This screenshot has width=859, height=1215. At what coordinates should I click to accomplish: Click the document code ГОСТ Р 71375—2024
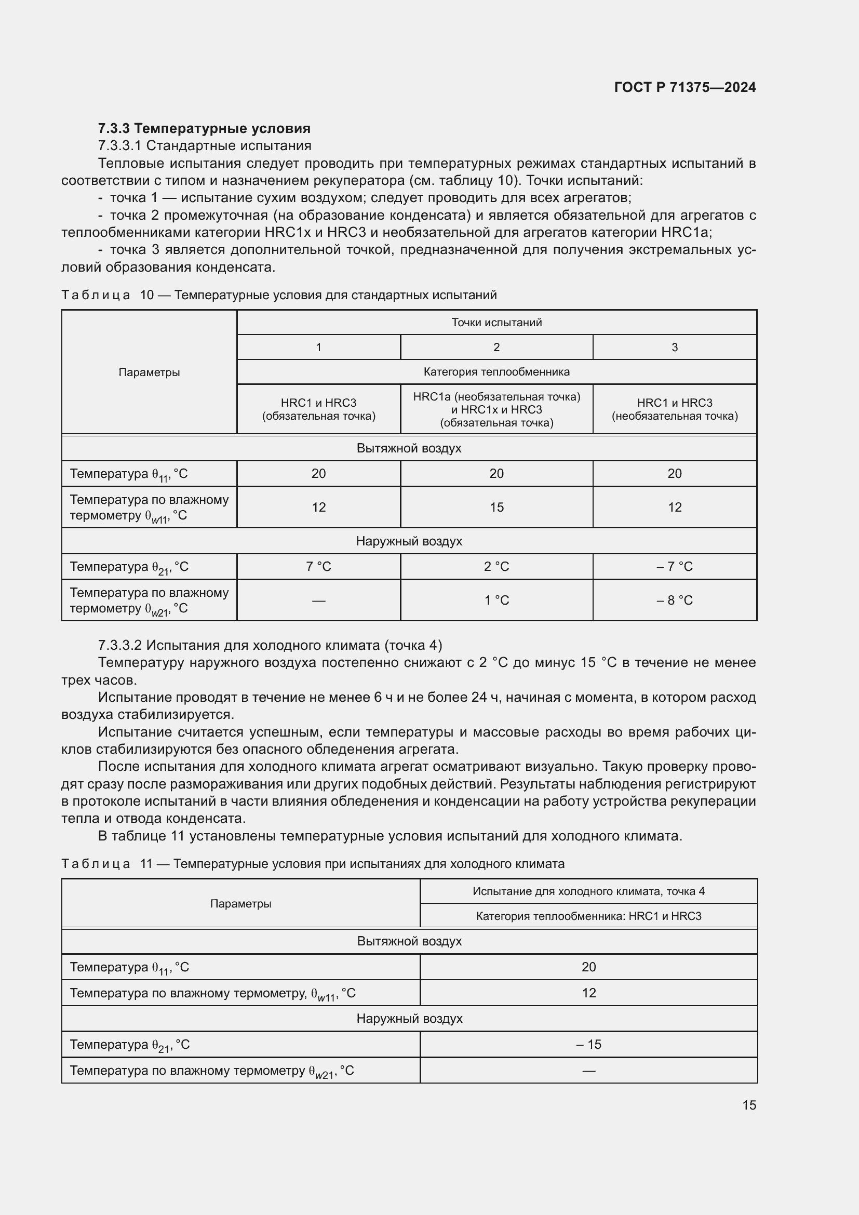tap(684, 87)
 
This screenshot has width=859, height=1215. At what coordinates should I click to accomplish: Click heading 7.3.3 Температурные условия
tap(204, 129)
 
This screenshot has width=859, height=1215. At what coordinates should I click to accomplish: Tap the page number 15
tap(749, 1105)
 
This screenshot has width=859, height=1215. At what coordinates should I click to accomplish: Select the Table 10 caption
tap(279, 295)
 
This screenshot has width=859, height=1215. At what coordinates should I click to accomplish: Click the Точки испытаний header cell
tap(496, 322)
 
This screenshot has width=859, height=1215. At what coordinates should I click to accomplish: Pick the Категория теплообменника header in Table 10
tap(496, 372)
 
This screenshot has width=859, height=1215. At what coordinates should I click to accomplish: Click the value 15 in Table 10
tap(496, 507)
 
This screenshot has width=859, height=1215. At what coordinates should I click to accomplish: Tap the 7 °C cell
tap(318, 566)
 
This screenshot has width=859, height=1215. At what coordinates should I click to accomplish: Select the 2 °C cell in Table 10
tap(496, 566)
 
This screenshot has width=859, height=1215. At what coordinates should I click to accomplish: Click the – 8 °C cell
tap(675, 600)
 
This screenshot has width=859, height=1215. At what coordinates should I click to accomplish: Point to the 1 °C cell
tap(496, 600)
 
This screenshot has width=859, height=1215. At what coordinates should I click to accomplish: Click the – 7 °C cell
tap(675, 566)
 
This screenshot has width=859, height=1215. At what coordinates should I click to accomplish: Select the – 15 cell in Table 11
tap(588, 1044)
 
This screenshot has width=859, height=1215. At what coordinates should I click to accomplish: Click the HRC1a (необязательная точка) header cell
tap(496, 409)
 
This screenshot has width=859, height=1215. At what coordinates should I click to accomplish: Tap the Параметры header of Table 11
tap(240, 903)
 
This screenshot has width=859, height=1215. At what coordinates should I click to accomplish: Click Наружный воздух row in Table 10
tap(409, 541)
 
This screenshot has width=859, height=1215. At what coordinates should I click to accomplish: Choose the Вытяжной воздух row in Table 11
tap(409, 941)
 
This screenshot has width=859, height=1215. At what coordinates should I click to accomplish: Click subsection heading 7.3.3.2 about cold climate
tap(270, 645)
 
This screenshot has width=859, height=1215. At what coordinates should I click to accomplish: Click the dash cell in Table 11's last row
tap(588, 1071)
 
